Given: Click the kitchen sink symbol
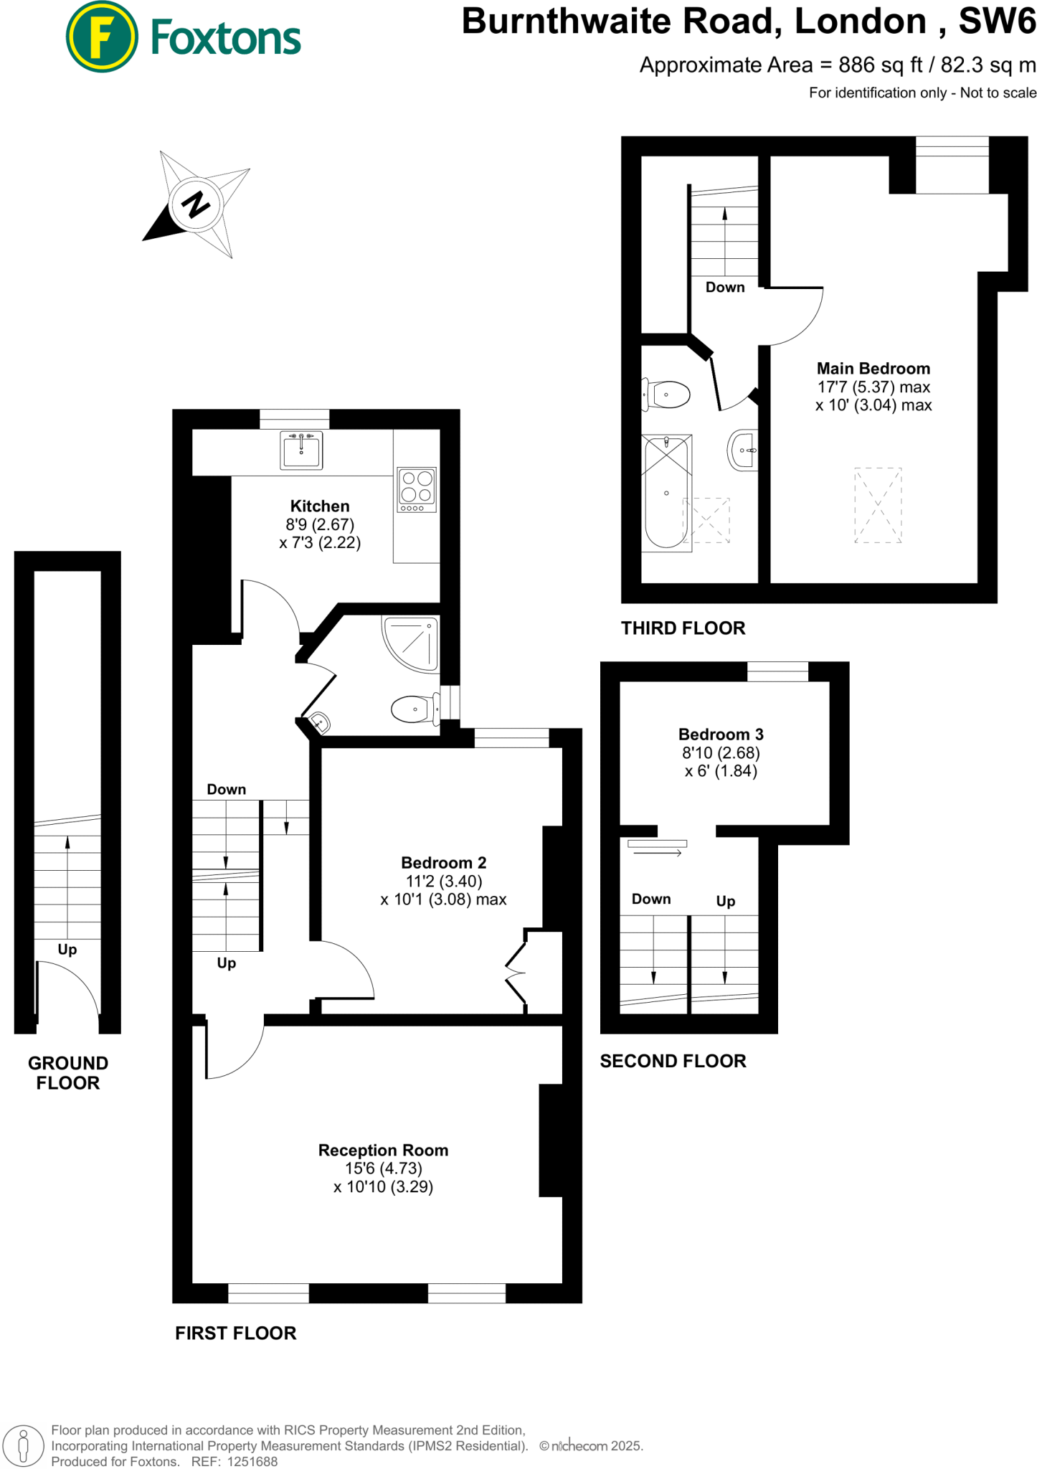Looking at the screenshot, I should point(301,450).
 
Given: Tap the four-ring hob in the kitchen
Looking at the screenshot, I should point(417,489).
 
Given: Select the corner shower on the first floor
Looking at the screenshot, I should point(412,643).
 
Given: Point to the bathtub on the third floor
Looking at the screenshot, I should point(667,492).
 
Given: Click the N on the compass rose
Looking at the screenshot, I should point(196,204).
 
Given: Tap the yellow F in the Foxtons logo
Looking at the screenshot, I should point(102,37).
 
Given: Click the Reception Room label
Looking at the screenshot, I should point(383,1150).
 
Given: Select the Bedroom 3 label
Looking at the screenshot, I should point(721,734).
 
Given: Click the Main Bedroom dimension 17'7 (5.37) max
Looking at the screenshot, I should point(873,387).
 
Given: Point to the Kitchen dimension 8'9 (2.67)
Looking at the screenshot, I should point(320,524).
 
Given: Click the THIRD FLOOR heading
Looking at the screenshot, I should point(683,628).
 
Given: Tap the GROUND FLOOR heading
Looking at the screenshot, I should point(68,1072).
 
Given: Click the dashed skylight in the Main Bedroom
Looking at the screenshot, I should point(878,505).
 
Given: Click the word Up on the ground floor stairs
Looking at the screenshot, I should point(67,950).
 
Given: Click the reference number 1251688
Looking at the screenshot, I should point(252,1461).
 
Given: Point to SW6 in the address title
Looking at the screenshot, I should point(997,22).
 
